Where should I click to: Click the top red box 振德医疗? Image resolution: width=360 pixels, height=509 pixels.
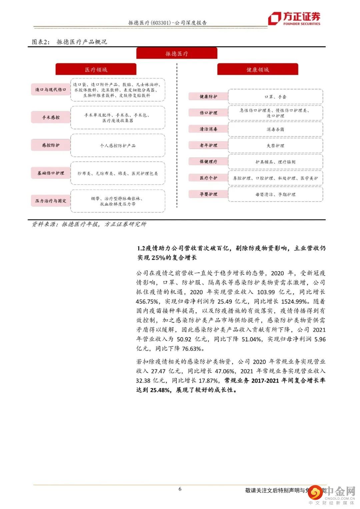[177, 53]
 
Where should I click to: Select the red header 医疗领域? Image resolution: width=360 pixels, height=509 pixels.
[96, 69]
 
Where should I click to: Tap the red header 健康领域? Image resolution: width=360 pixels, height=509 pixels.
[258, 69]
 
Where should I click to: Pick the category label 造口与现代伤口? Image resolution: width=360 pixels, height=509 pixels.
[51, 90]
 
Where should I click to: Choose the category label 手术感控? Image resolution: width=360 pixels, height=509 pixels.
[51, 117]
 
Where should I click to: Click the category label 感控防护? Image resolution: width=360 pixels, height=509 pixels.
[51, 145]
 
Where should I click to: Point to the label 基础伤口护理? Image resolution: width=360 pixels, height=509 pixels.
[51, 173]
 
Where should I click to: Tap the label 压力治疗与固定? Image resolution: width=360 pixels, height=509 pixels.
[51, 201]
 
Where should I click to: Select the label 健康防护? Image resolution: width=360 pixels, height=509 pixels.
[208, 96]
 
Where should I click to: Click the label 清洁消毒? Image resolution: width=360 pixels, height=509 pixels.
[208, 129]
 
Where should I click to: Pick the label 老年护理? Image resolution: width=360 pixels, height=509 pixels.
[208, 145]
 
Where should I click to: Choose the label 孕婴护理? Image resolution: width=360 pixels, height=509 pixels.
[208, 194]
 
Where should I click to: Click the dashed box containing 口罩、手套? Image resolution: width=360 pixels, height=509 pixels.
[275, 97]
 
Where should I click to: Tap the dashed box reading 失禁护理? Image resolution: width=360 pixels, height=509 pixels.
[275, 146]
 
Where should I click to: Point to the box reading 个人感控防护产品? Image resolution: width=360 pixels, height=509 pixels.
[118, 145]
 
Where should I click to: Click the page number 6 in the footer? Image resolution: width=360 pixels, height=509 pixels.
[180, 489]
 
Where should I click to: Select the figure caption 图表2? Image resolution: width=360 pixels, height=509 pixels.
[40, 42]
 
